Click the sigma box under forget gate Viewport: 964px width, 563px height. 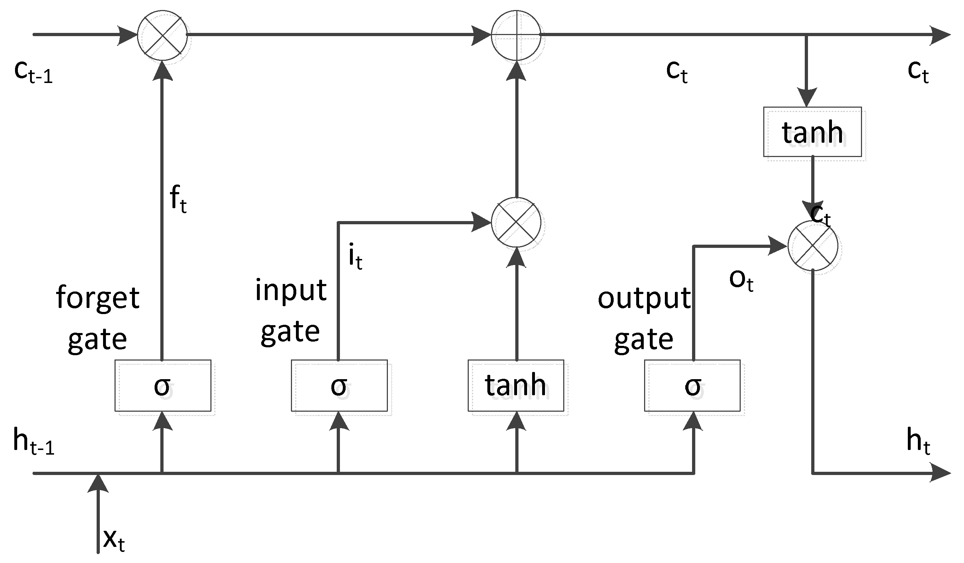[x=162, y=386]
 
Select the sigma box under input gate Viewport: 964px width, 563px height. [x=339, y=386]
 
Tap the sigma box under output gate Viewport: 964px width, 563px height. [x=692, y=386]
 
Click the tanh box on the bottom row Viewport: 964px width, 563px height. [x=516, y=386]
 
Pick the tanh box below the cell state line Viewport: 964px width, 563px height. [x=812, y=132]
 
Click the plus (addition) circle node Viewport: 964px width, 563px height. [x=516, y=35]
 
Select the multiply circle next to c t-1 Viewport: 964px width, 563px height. [x=162, y=35]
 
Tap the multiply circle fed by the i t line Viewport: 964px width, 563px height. [x=516, y=222]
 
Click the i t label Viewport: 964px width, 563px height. [x=355, y=257]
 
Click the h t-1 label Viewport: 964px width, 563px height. [x=34, y=442]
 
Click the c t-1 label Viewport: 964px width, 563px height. [x=33, y=72]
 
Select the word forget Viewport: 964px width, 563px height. [x=98, y=298]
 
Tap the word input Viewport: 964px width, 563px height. [x=291, y=291]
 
